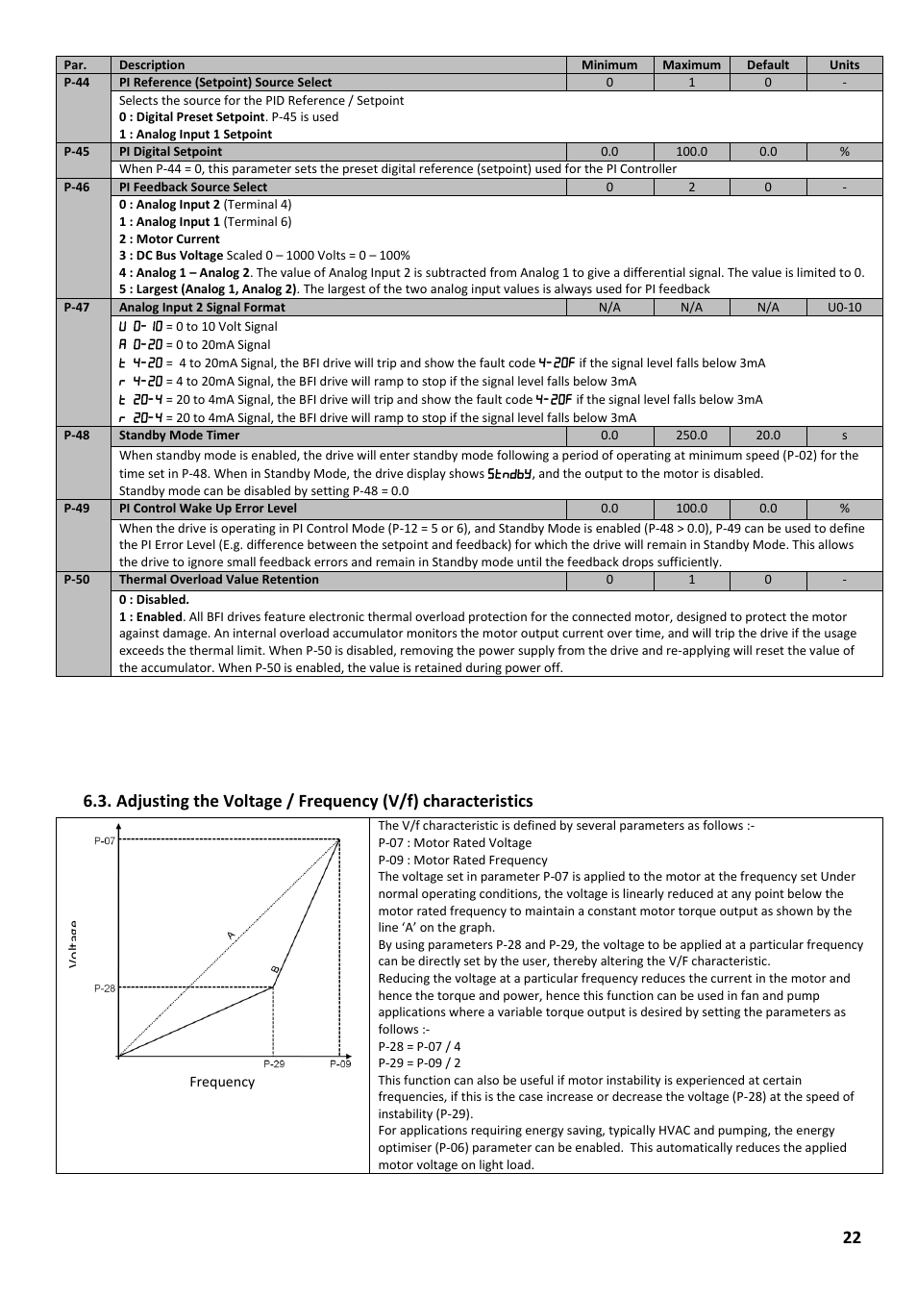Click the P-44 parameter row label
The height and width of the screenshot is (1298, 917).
77,83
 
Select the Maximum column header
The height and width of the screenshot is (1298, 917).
691,65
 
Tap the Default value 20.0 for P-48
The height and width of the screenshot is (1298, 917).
767,436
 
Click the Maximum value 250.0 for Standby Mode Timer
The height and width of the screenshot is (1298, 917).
691,436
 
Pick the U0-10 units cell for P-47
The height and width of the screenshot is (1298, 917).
844,308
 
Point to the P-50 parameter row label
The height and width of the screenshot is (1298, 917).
77,580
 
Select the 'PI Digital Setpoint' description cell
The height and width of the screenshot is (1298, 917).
170,152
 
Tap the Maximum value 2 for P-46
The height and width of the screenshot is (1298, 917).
691,187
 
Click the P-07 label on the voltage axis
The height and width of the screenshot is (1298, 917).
104,841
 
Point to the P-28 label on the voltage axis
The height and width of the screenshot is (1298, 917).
104,988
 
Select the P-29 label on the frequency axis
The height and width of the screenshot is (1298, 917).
274,1064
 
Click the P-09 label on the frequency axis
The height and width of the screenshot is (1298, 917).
340,1064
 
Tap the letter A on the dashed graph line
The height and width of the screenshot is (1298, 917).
231,935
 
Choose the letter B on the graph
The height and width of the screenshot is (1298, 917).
274,969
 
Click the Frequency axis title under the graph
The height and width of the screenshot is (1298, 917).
222,1083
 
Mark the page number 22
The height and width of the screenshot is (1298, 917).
852,1237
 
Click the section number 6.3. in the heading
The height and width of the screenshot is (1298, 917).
97,802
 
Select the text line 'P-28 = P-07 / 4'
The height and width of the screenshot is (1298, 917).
419,1046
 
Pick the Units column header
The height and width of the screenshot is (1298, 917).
844,65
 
